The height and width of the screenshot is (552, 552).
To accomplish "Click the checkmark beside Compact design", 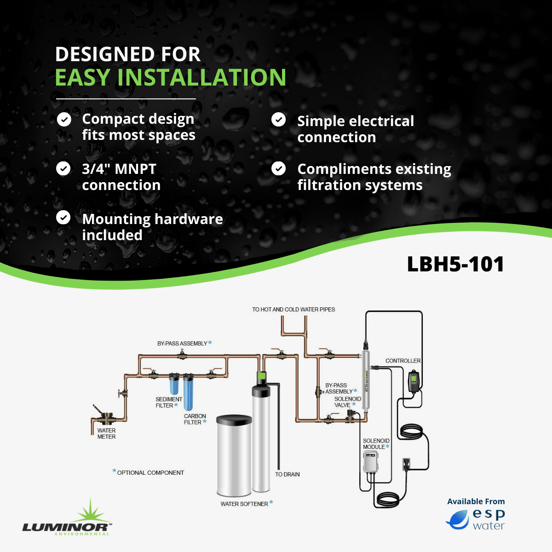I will (63, 120).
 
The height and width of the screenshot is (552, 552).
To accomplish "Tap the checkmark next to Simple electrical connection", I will (278, 120).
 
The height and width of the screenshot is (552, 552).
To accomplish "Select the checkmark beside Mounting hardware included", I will (63, 217).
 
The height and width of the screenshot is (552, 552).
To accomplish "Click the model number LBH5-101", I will (455, 264).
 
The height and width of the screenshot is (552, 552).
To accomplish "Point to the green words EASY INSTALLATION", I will (171, 77).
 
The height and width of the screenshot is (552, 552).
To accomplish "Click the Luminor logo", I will (67, 520).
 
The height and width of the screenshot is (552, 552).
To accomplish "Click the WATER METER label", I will (106, 434).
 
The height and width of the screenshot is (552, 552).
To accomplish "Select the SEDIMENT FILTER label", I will (168, 402).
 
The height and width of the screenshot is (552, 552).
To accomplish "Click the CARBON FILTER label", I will (195, 419).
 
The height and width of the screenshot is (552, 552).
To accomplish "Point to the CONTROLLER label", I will (403, 361).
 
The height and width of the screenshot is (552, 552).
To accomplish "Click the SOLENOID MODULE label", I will (376, 444).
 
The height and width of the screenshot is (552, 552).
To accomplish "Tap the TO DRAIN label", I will (287, 474).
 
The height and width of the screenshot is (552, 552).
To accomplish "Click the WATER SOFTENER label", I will (244, 504).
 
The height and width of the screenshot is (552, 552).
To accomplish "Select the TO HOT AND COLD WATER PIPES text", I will (293, 310).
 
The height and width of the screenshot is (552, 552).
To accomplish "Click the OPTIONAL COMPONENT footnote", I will (150, 472).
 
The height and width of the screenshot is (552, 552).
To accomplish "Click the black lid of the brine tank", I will (234, 420).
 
